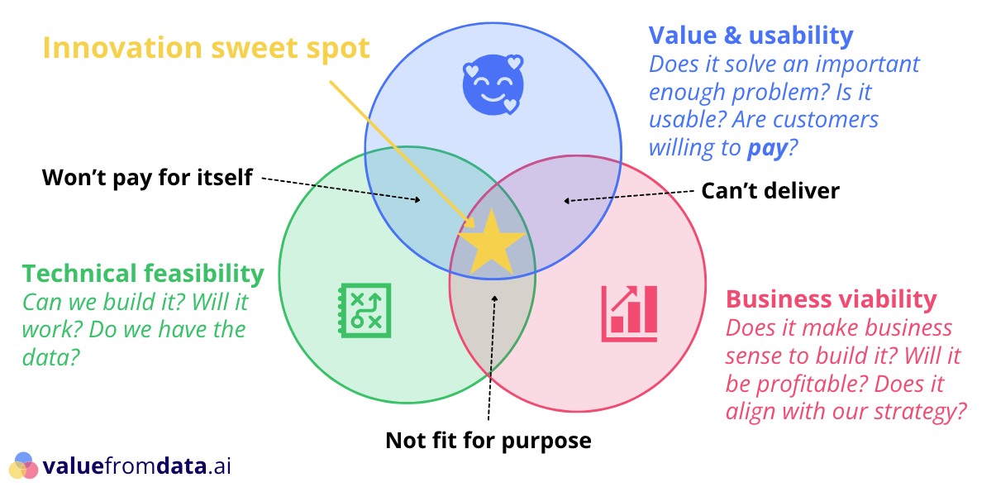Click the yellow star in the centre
(491, 243)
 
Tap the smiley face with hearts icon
(492, 84)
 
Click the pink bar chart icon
(629, 313)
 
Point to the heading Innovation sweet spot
(206, 48)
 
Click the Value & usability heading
(751, 36)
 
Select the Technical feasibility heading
(143, 273)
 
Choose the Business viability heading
(831, 298)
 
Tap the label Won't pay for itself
(147, 177)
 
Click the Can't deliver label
(770, 191)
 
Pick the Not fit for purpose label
(488, 440)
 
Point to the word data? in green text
(51, 357)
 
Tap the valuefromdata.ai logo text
(137, 466)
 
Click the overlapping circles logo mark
(24, 466)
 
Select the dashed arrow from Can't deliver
(628, 195)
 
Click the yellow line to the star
(397, 149)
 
